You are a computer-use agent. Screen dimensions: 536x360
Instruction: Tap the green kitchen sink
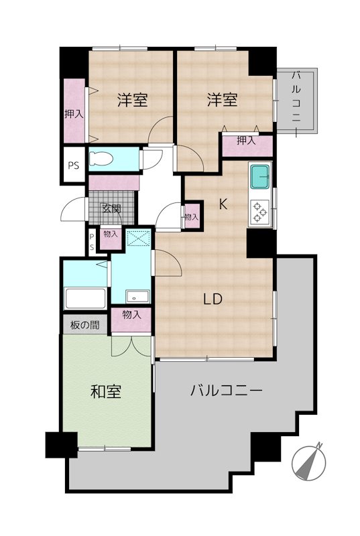coord(259,178)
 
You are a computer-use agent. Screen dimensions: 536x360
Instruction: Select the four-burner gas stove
coord(259,212)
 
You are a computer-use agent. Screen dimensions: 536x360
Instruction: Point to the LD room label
coord(213,299)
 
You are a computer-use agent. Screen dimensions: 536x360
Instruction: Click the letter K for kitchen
coord(223,206)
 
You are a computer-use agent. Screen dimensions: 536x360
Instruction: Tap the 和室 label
coord(106,393)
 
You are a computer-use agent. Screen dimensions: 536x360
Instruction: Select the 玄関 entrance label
coord(111,208)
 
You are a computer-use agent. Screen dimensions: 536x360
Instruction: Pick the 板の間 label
coord(85,326)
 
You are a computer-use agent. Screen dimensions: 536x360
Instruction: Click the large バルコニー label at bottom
coord(225,390)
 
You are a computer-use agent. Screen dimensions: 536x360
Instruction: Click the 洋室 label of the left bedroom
coord(132,100)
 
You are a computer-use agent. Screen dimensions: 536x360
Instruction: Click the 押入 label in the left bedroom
coord(74,115)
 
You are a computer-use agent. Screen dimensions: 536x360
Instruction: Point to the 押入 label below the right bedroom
coord(247,141)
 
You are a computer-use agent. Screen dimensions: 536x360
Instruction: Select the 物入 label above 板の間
coord(131,315)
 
